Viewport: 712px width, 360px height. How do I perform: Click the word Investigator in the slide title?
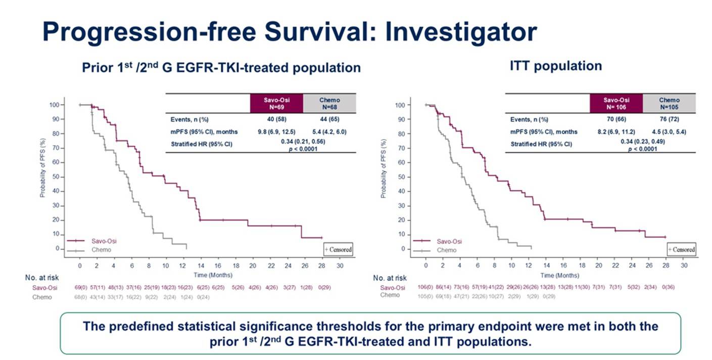tap(461, 32)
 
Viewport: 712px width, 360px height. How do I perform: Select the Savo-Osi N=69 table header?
tap(276, 103)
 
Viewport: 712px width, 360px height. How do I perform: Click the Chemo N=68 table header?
tap(329, 103)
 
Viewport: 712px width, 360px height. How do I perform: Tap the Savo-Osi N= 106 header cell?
tap(616, 103)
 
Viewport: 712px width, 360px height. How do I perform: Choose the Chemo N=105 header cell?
tap(670, 103)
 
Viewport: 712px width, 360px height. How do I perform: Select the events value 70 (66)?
tap(616, 119)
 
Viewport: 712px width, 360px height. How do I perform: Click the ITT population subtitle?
tap(556, 66)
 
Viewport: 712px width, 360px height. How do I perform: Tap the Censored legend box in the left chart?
tap(338, 249)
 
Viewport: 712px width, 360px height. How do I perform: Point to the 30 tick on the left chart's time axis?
tap(340, 265)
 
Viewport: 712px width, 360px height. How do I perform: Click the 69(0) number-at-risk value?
tap(79, 287)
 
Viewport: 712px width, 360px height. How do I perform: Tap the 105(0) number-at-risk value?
tap(426, 295)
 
